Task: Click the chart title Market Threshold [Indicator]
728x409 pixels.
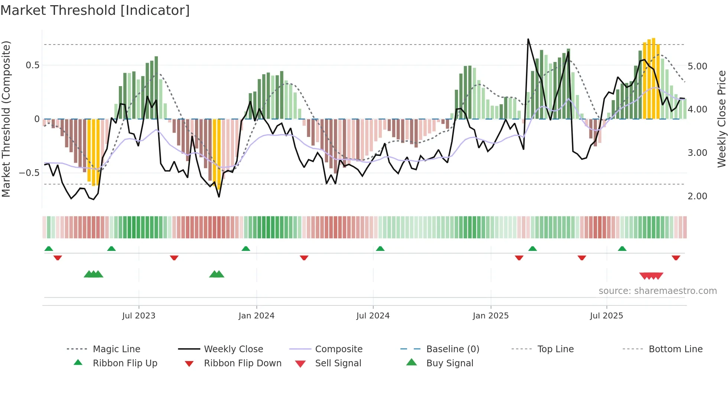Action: coord(95,10)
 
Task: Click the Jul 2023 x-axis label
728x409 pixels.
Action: coord(139,316)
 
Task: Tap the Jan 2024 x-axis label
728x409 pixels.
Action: coord(256,316)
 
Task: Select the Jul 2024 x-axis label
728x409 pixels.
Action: coord(373,316)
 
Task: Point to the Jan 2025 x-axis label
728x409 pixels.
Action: coord(491,316)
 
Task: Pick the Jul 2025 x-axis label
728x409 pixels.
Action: coord(607,316)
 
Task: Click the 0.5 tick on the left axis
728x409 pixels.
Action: coord(33,65)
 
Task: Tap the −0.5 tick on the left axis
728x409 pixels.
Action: coord(29,173)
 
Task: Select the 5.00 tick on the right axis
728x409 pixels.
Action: coord(698,66)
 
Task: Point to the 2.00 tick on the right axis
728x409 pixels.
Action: coord(698,196)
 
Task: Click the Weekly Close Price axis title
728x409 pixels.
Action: coord(721,119)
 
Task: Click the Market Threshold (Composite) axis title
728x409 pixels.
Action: coord(6,119)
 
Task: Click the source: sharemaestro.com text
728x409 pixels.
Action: coord(657,291)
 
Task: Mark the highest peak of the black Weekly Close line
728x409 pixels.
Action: coord(528,39)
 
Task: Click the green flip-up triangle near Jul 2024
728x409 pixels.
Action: coord(380,249)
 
